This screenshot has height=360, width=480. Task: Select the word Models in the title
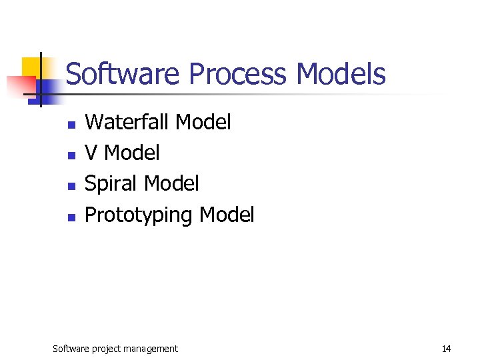point(341,74)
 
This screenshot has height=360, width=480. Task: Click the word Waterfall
point(127,122)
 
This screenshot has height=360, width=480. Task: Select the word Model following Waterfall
point(203,122)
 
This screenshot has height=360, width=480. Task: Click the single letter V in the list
point(92,153)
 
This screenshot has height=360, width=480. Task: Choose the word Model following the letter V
point(132,153)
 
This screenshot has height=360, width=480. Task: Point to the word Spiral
point(111,183)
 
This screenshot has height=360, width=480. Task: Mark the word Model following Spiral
point(171,183)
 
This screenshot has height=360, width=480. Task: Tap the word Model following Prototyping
point(227,214)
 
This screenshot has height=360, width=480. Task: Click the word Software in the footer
point(71,349)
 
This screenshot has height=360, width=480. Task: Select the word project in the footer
point(107,349)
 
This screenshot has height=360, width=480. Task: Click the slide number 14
point(446,349)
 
